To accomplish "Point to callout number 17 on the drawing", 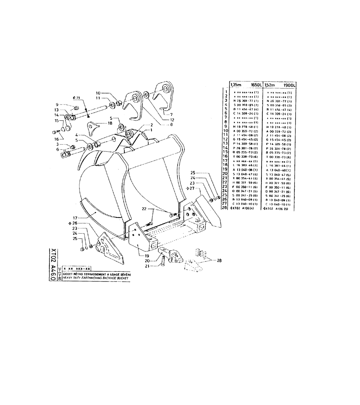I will [75, 217].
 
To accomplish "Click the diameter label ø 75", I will [76, 98].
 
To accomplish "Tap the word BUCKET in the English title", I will [122, 279].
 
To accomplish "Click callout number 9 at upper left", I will [58, 104].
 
